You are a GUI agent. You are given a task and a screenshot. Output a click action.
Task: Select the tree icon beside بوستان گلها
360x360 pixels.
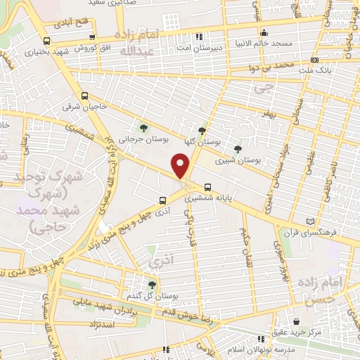click(203, 130)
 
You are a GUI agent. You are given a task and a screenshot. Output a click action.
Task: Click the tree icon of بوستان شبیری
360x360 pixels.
click(238, 149)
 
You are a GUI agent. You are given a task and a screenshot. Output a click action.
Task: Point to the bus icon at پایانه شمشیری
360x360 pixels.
click(207, 187)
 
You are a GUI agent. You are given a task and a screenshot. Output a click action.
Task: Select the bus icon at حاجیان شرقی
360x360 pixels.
click(85, 96)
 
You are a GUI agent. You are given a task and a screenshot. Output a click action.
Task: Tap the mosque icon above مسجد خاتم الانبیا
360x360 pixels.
click(264, 32)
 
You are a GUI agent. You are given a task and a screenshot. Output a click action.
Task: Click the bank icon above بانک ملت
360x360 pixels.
click(314, 60)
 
